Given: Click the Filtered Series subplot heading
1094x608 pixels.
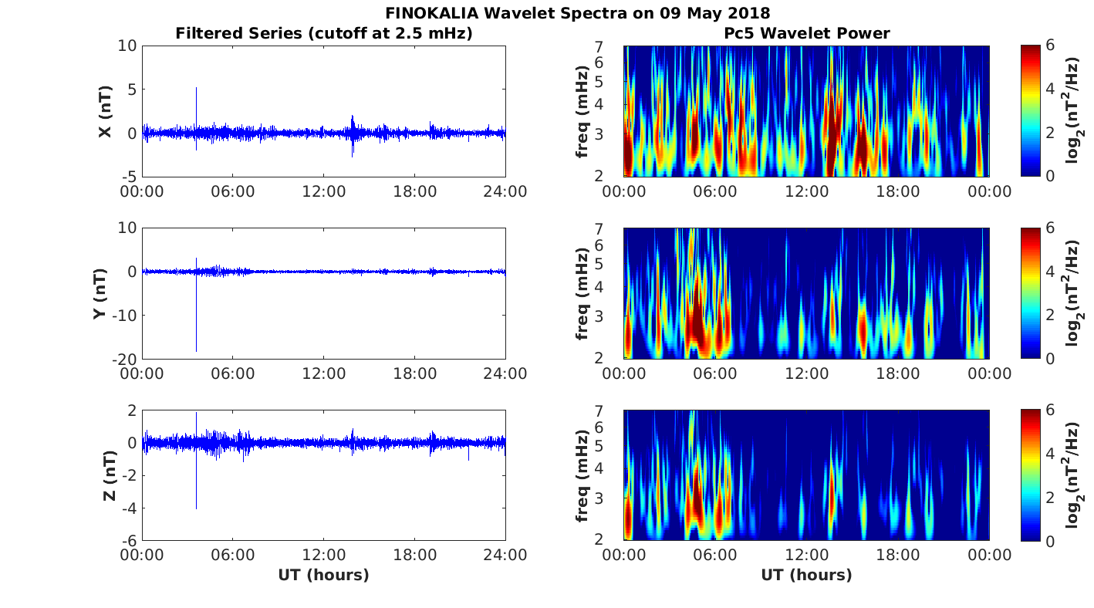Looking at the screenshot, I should click(x=323, y=33).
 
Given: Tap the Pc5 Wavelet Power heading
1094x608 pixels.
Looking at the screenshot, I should click(x=806, y=33).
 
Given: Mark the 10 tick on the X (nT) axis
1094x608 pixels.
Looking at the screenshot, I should click(x=127, y=46).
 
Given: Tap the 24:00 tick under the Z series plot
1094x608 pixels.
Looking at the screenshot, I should click(x=505, y=555).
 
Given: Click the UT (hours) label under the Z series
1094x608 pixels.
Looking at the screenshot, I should click(x=323, y=575).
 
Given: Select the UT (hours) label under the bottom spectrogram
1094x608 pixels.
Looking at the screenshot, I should click(x=806, y=575).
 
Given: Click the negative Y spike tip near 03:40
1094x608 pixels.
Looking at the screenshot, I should click(x=196, y=351).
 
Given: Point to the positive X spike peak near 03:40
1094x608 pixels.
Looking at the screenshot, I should click(x=196, y=89).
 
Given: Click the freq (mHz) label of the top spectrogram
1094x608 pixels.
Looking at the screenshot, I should click(x=582, y=112).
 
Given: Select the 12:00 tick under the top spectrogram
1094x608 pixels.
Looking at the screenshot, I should click(x=806, y=191).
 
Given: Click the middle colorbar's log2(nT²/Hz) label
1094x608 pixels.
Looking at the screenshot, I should click(x=1072, y=293).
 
